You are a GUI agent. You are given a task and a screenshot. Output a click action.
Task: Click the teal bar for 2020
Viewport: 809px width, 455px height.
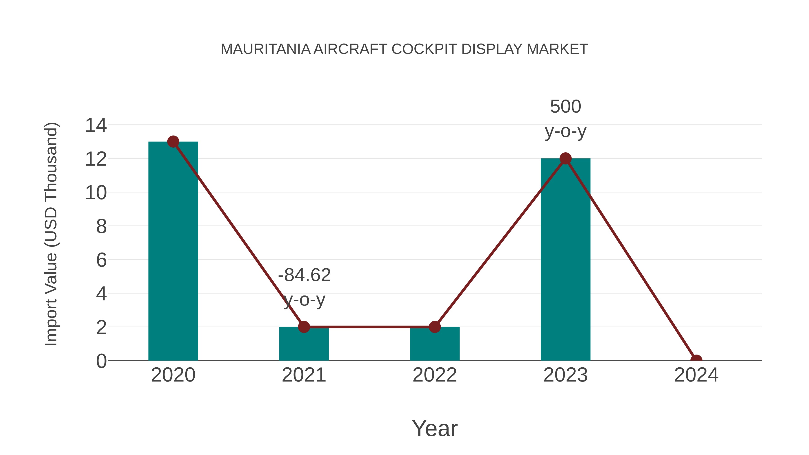(173, 251)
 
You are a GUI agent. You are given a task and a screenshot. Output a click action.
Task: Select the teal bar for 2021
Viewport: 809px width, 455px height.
(304, 344)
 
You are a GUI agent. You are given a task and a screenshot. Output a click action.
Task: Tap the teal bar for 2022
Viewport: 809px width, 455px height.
(434, 344)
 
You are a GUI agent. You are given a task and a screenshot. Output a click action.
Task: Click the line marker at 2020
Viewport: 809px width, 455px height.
(173, 142)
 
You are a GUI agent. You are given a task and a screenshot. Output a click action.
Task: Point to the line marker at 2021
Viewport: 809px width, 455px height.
(304, 327)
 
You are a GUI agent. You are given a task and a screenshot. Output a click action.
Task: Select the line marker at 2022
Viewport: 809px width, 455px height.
(434, 327)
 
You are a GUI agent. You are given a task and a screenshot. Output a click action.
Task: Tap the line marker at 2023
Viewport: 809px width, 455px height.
(565, 159)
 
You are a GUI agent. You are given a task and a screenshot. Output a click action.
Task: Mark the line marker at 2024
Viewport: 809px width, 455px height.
(696, 360)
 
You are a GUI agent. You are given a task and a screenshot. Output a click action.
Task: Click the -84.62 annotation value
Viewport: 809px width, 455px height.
(304, 275)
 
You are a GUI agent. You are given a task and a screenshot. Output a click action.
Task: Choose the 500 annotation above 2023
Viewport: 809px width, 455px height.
(565, 107)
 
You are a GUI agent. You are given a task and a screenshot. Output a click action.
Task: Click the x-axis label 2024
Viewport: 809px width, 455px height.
(696, 375)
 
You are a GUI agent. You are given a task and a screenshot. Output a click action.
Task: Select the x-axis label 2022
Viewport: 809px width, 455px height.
(434, 375)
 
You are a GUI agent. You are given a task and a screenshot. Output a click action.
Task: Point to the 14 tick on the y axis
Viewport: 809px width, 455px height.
(96, 125)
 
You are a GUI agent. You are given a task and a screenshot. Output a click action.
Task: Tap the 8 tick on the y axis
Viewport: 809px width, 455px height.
(101, 226)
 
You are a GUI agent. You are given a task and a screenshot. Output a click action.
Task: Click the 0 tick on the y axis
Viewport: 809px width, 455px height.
(101, 361)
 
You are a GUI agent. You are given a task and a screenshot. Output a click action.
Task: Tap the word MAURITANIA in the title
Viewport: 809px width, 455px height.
(265, 49)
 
